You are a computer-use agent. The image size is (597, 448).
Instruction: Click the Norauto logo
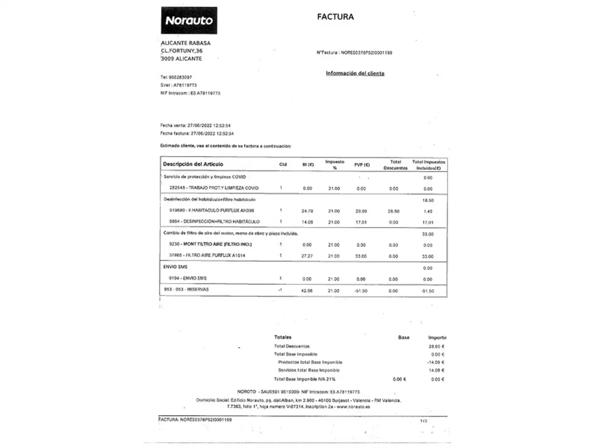point(189,20)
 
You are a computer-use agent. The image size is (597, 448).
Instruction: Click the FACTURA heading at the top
point(335,17)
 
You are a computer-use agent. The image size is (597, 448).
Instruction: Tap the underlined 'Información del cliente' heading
point(355,73)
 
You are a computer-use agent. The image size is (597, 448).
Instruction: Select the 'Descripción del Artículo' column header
point(193,164)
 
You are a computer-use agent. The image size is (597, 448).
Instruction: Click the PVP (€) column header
point(362,165)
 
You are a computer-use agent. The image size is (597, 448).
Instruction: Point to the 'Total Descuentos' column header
point(396,165)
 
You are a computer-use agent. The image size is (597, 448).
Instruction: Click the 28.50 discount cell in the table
point(393,211)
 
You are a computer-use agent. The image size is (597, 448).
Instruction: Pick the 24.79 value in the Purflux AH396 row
point(307,211)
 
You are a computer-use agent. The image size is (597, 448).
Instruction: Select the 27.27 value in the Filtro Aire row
point(307,256)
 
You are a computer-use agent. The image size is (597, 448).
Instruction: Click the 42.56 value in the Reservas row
point(307,291)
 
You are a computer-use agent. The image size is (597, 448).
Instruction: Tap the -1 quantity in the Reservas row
point(280,290)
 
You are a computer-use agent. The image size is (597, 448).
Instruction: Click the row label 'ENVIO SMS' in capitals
point(175,267)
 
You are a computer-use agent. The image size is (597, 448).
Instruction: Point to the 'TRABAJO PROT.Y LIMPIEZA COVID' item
point(214,188)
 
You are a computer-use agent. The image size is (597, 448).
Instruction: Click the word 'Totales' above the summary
point(283,337)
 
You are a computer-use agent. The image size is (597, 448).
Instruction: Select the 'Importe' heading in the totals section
point(437,338)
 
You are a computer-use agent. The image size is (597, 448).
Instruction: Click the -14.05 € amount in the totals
point(436,362)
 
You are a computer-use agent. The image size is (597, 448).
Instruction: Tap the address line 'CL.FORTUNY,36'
point(182,51)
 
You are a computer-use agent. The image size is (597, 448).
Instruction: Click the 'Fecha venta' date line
point(195,125)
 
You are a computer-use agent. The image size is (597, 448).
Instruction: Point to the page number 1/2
point(423,421)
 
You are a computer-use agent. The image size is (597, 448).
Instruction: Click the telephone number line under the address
point(176,77)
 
